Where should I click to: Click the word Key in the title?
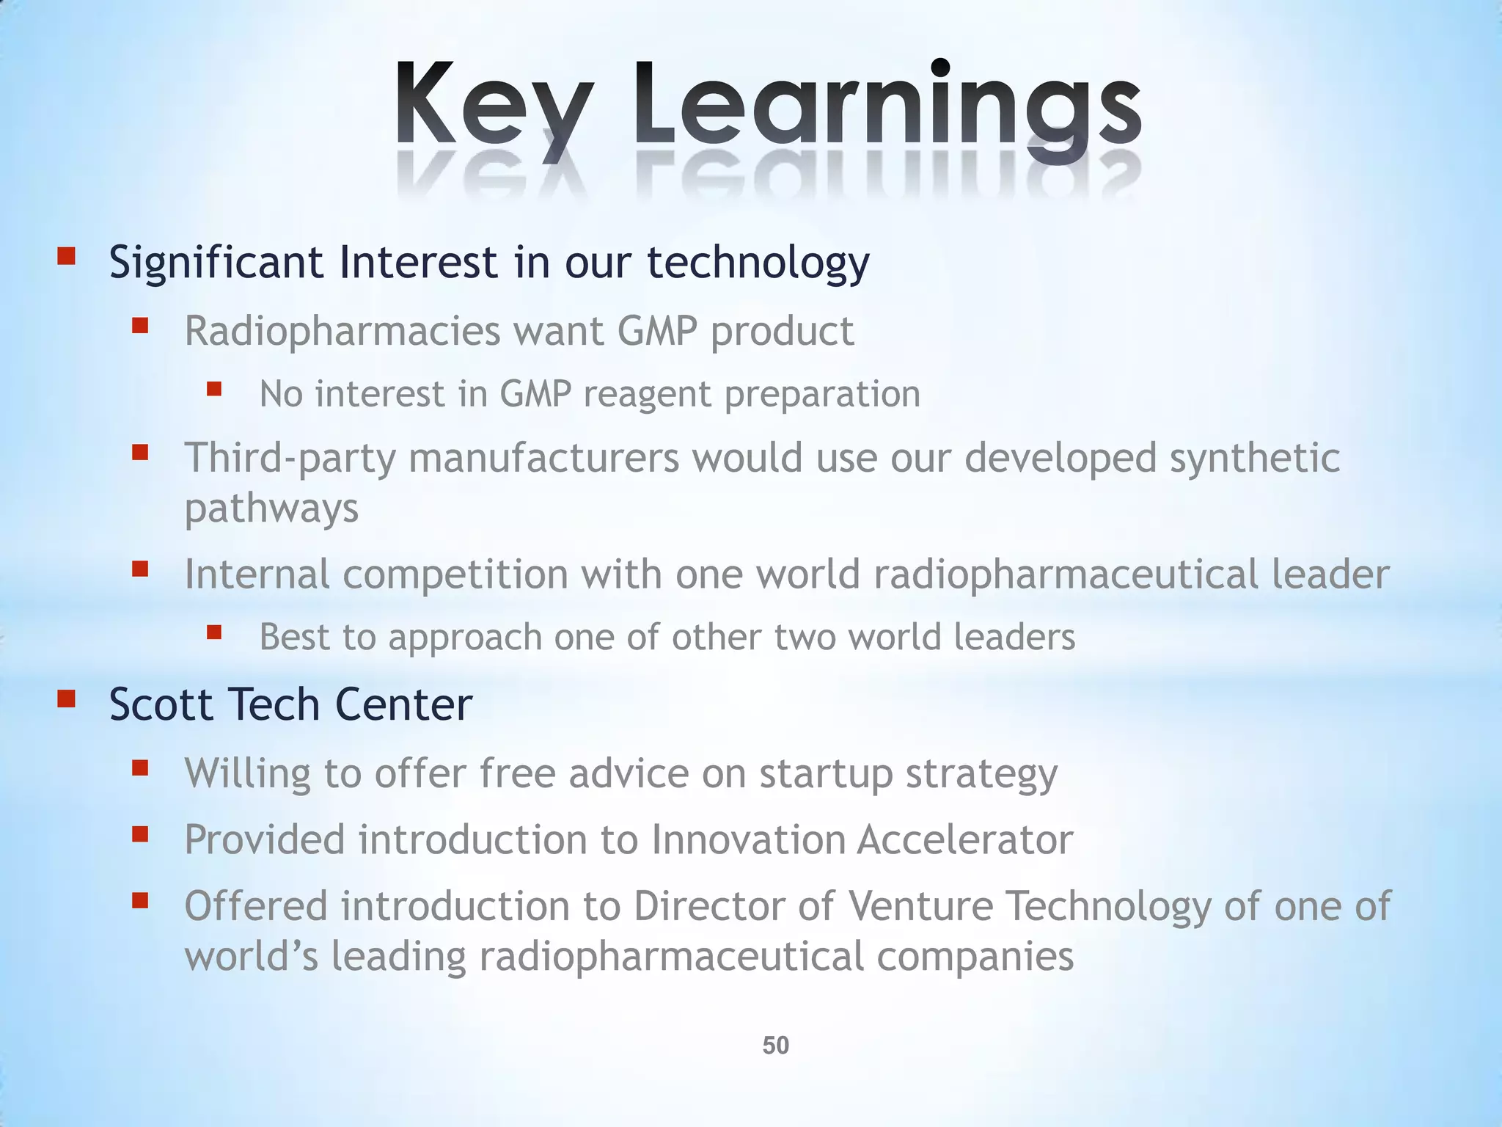(x=493, y=106)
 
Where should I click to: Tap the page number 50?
(x=775, y=1045)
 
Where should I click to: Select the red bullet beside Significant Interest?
(x=67, y=256)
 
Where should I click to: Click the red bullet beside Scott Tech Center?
(x=67, y=699)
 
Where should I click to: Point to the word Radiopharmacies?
(x=342, y=331)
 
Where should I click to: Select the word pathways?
(x=271, y=508)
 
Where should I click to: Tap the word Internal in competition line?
(x=257, y=574)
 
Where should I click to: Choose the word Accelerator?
(x=964, y=839)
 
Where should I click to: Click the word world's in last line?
(x=251, y=957)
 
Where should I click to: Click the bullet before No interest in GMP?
(x=214, y=388)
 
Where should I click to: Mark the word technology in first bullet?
(x=758, y=262)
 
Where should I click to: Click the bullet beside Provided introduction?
(x=140, y=834)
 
